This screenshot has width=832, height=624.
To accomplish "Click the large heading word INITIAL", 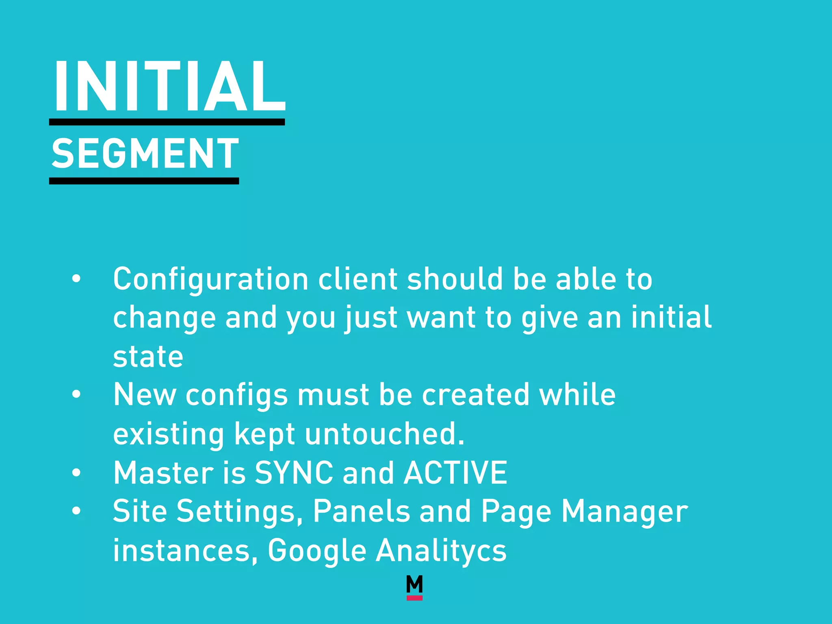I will click(169, 86).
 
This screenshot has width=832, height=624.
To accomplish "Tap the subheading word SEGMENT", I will click(145, 154).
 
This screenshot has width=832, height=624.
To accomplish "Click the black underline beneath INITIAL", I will click(167, 122).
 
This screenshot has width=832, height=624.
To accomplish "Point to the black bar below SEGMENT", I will click(144, 181).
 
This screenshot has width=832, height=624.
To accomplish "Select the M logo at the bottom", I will click(414, 584).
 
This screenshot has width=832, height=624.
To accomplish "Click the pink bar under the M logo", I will click(414, 598).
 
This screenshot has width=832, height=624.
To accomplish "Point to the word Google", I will click(317, 550).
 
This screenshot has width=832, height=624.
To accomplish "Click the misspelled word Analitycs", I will click(441, 550).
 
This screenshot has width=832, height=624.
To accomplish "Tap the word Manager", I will click(624, 512).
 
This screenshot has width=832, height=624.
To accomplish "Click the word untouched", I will click(384, 434).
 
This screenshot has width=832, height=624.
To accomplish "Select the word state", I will click(148, 357).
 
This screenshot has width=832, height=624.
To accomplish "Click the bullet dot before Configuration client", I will click(76, 279).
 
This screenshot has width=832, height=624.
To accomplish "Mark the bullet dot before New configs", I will click(76, 394).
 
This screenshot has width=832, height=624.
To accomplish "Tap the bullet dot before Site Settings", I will click(76, 511).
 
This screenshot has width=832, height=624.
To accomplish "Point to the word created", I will click(476, 394).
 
